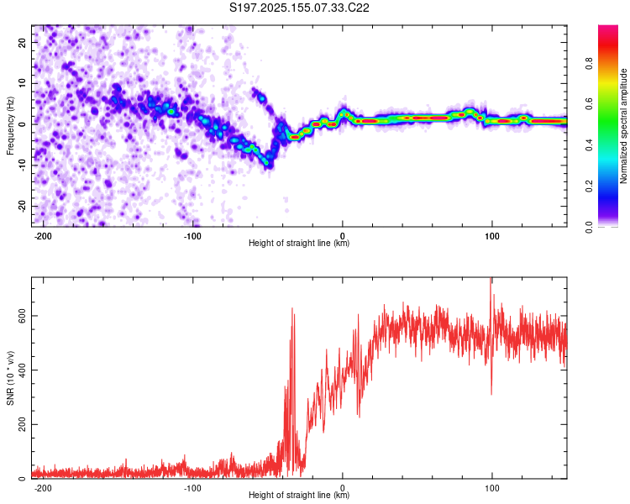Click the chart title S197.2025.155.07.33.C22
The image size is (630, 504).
pyautogui.click(x=299, y=8)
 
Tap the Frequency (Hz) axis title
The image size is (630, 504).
pyautogui.click(x=10, y=126)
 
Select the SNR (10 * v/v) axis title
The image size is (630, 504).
pyautogui.click(x=10, y=378)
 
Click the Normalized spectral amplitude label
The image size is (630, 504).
pyautogui.click(x=623, y=126)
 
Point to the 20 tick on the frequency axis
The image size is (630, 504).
pyautogui.click(x=22, y=42)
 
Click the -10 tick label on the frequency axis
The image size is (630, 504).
pyautogui.click(x=22, y=165)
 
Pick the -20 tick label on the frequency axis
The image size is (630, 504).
pyautogui.click(x=22, y=206)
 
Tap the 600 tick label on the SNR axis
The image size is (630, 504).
pyautogui.click(x=22, y=316)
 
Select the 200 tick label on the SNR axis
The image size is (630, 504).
pyautogui.click(x=22, y=424)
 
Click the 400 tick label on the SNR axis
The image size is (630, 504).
pyautogui.click(x=22, y=370)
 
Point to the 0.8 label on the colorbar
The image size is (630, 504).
pyautogui.click(x=589, y=64)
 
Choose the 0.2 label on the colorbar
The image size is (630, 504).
pyautogui.click(x=589, y=186)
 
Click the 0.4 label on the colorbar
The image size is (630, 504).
pyautogui.click(x=589, y=145)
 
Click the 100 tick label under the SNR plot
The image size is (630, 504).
pyautogui.click(x=491, y=488)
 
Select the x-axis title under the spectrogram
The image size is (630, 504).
pyautogui.click(x=299, y=243)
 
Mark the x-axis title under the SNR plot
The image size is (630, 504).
pyautogui.click(x=299, y=495)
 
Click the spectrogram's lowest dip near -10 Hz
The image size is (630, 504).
pyautogui.click(x=267, y=163)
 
